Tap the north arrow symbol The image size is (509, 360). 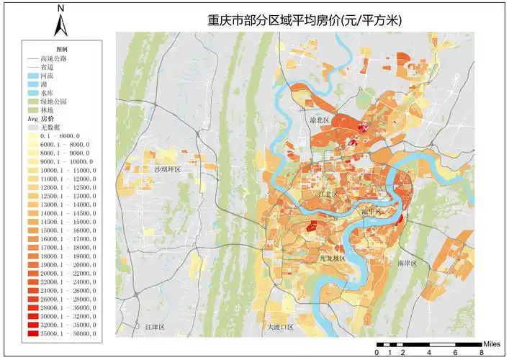(61, 26)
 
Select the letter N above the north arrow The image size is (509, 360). (61, 8)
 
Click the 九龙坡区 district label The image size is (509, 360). (333, 257)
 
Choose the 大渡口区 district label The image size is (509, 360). (281, 327)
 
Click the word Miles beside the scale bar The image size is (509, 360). (492, 345)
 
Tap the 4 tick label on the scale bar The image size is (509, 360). (430, 352)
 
